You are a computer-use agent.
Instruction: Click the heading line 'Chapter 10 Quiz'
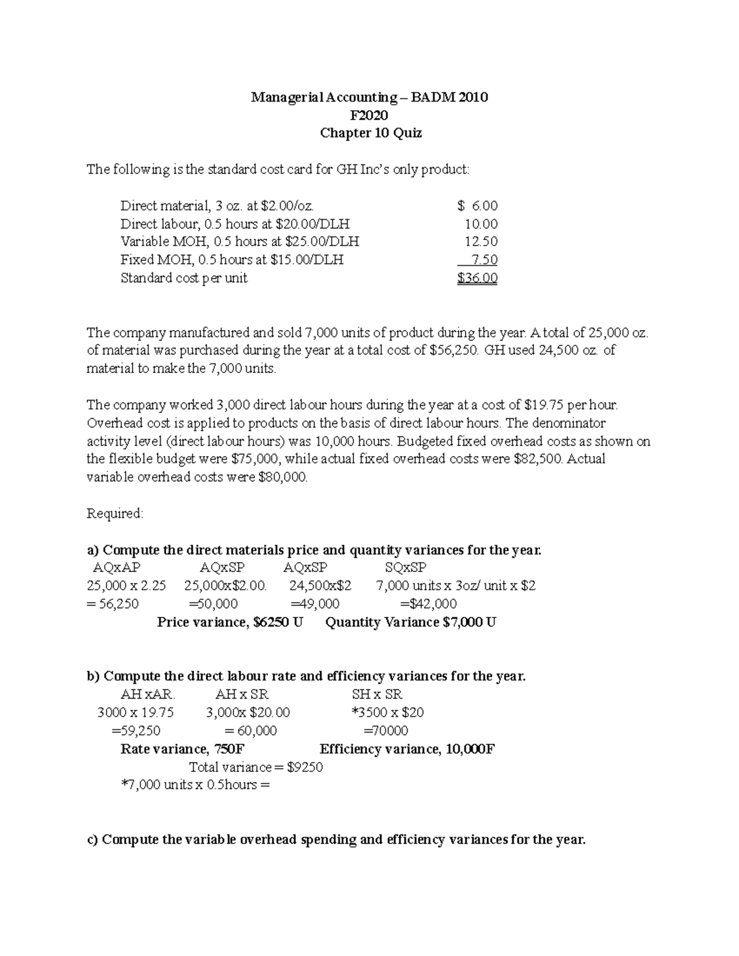click(370, 133)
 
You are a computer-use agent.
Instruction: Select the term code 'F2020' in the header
click(369, 115)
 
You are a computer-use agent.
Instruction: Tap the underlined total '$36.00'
click(477, 278)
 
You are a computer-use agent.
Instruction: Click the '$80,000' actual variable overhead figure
click(282, 477)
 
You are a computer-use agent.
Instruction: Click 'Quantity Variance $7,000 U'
click(410, 622)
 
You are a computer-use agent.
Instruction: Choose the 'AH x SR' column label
click(241, 694)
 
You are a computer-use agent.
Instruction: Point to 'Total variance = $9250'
click(256, 767)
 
